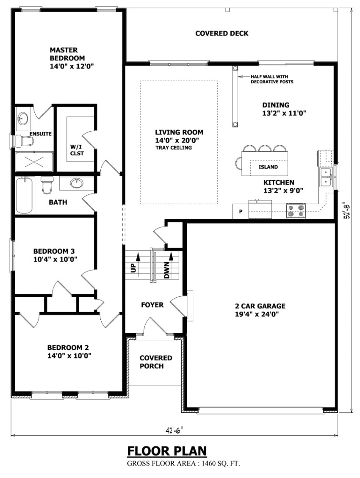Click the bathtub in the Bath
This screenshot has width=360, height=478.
click(25, 196)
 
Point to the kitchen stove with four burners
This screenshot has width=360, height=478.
click(296, 210)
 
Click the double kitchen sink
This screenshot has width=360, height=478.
click(327, 177)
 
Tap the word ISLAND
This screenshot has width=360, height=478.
click(268, 167)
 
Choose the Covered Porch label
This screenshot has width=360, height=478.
click(156, 362)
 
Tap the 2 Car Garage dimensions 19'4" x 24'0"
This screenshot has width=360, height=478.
click(260, 314)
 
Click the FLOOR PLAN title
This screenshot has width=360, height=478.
click(167, 450)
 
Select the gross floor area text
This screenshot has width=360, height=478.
click(183, 464)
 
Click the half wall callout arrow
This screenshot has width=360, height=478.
click(244, 77)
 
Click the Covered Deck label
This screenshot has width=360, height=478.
click(222, 33)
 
